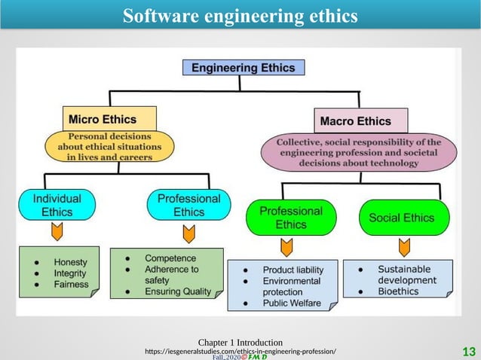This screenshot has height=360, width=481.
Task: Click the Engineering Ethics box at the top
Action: [x=244, y=68]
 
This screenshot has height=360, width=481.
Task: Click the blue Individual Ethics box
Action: [x=57, y=205]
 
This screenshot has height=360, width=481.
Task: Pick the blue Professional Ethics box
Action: [x=188, y=205]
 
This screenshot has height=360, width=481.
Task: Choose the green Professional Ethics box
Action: [x=290, y=218]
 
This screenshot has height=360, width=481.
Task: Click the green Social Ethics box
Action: [x=401, y=218]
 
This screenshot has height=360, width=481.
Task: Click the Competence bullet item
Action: [x=170, y=258]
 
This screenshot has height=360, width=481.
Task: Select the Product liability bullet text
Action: [x=293, y=270]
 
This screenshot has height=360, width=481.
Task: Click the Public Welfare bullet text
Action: [x=291, y=303]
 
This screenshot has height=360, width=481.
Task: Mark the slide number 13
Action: [x=468, y=351]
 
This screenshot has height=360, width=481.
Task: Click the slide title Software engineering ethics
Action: [x=240, y=16]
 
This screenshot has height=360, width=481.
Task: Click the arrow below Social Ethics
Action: [x=404, y=246]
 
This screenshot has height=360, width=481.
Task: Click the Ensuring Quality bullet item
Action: [x=178, y=291]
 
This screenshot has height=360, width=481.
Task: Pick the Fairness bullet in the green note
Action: [x=71, y=285]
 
